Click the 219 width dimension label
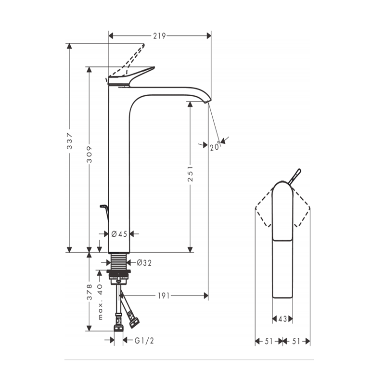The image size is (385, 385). (160, 36)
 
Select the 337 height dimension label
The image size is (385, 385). (70, 141)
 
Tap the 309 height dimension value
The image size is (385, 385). (89, 154)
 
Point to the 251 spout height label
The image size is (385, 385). (190, 174)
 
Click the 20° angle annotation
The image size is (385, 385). (215, 147)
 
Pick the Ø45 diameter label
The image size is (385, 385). (119, 234)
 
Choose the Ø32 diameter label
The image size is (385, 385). (144, 263)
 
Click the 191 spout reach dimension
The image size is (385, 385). (164, 295)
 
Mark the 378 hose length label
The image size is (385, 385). (90, 292)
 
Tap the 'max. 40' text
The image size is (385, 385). (100, 302)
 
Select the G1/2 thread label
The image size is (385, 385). (144, 341)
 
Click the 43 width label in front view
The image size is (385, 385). (282, 319)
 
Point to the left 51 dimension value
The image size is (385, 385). (269, 341)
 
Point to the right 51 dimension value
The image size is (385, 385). (296, 341)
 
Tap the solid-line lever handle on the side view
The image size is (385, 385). (131, 76)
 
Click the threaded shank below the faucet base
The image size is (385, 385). (119, 261)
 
